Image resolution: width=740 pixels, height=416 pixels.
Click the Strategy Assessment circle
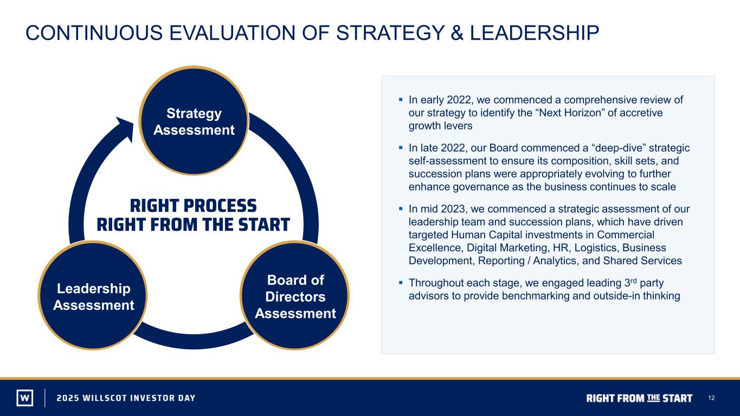point(194,120)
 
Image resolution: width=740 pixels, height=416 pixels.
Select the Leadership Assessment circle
point(93,296)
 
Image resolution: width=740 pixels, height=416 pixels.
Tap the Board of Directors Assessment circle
point(295,296)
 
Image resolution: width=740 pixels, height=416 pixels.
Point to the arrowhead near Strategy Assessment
point(126,128)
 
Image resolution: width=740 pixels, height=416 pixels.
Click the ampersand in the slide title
point(456,33)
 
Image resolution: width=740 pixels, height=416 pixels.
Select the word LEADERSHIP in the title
point(535,33)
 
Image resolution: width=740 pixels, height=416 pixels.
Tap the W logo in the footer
point(25,398)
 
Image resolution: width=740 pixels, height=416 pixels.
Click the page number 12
point(711,398)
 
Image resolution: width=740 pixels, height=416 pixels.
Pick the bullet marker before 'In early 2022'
point(401,99)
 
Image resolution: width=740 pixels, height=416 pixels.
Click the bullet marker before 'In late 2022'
point(401,147)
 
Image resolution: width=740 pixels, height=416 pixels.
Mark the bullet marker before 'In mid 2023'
point(401,209)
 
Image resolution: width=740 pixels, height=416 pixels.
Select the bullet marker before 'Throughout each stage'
point(401,283)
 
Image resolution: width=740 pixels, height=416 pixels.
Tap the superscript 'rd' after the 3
point(633,280)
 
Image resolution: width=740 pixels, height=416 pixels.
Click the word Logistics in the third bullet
point(594,248)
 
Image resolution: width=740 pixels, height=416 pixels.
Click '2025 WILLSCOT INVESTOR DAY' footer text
point(126,398)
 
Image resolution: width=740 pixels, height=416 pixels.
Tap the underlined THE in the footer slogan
point(653,397)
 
